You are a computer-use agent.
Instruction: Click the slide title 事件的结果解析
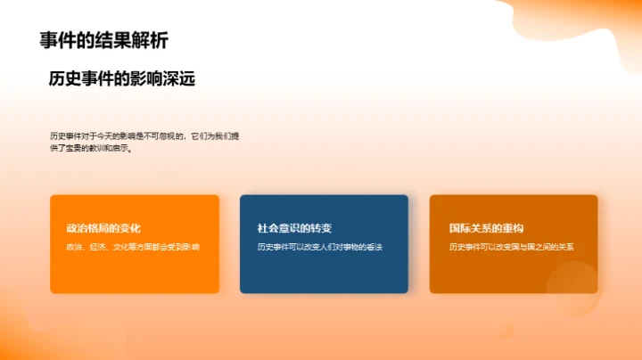(103, 40)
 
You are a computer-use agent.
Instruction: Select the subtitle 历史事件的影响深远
(122, 79)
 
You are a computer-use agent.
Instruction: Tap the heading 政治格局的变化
(103, 228)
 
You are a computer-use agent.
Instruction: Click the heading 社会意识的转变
(294, 228)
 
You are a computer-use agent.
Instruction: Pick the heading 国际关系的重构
(486, 228)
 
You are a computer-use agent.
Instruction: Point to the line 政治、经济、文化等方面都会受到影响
(133, 246)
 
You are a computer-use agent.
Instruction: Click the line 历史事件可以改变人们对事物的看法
(318, 246)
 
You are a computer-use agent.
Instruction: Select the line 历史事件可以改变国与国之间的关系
(511, 246)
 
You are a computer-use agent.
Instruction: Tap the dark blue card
(324, 272)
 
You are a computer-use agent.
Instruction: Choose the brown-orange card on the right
(513, 272)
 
